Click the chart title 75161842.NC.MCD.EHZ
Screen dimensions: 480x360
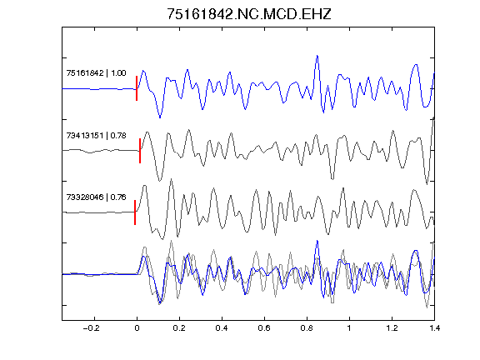point(249,14)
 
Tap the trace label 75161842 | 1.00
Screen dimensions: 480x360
point(96,73)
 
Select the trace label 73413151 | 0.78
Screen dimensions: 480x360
point(96,135)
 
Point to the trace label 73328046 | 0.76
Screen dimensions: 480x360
point(96,197)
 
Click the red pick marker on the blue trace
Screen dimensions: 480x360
point(137,88)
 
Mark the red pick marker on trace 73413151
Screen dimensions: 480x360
point(140,151)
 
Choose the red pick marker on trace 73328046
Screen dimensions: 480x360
point(135,212)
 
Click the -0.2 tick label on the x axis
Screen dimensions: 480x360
point(92,328)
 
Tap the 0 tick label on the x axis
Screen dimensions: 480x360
point(137,328)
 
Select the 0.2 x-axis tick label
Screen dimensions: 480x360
point(179,328)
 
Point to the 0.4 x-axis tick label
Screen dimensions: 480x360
point(222,328)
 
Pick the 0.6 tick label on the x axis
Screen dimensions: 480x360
point(264,328)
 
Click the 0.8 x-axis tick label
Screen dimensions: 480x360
point(307,328)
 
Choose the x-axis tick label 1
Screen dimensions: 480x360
point(349,328)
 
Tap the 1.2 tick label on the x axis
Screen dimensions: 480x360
point(392,328)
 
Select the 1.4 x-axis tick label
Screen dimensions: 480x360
point(434,328)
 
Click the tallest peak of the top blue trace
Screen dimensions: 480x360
point(317,56)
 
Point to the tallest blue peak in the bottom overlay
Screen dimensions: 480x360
point(317,241)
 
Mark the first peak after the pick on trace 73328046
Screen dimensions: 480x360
point(144,186)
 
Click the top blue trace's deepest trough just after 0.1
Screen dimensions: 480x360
point(160,117)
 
